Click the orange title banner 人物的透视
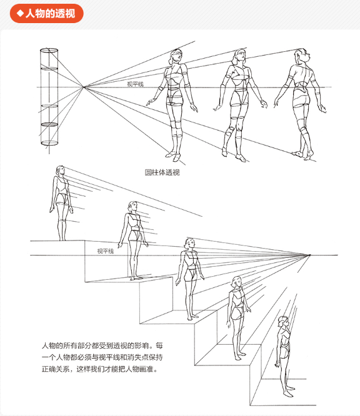click(47, 13)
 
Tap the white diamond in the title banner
click(20, 13)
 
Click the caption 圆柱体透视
click(162, 172)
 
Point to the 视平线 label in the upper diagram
click(136, 84)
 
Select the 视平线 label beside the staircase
click(106, 251)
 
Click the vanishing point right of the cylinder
click(84, 87)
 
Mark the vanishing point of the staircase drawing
click(309, 255)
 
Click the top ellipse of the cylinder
click(49, 50)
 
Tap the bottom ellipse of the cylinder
click(49, 143)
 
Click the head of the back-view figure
click(302, 55)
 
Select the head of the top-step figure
click(60, 171)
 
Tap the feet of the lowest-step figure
click(289, 392)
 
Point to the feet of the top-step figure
click(62, 239)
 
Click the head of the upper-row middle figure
click(241, 56)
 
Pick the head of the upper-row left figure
click(176, 56)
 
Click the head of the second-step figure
click(132, 207)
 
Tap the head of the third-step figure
click(190, 244)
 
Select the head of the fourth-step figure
click(236, 282)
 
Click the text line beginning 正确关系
click(99, 369)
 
